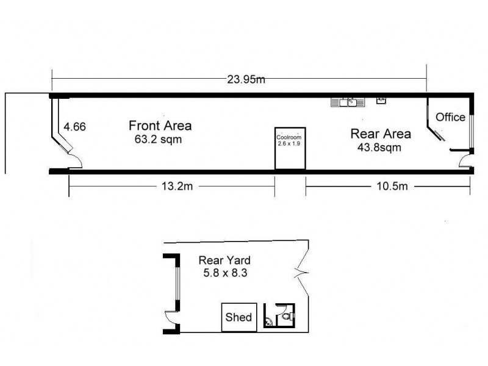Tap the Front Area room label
point(160,126)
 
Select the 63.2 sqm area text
point(159,138)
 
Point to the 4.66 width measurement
point(75,127)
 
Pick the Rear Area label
point(380,134)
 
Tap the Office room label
point(450,117)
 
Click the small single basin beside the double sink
point(382,101)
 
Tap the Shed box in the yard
point(239,317)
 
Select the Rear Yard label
point(224,259)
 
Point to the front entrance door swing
point(73,160)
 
